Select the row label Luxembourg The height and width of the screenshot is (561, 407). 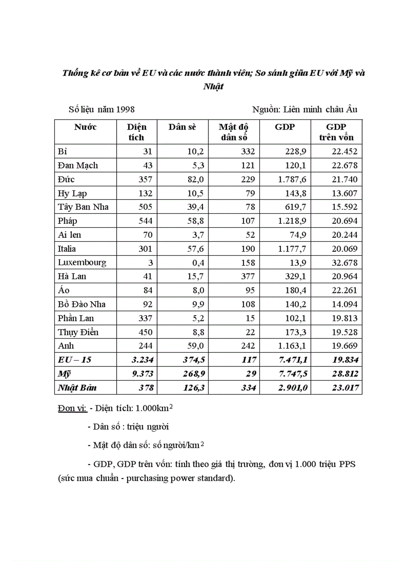82,262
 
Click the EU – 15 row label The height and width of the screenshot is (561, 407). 75,359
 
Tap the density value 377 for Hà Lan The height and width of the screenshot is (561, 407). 247,276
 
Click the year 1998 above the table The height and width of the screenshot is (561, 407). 125,109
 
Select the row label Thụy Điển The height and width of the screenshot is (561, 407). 78,332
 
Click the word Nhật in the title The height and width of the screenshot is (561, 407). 214,86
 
